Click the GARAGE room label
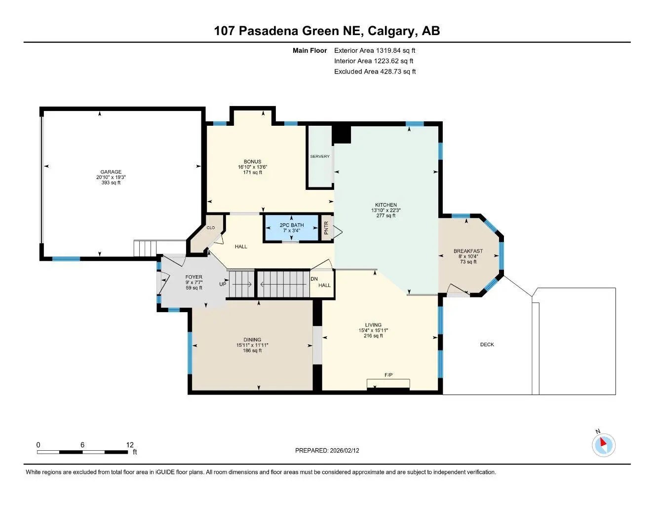pyautogui.click(x=109, y=172)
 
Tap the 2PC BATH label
pyautogui.click(x=292, y=225)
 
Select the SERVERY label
pyautogui.click(x=320, y=156)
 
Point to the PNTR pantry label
pyautogui.click(x=326, y=228)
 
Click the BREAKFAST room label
pyautogui.click(x=468, y=251)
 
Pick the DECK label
pyautogui.click(x=487, y=345)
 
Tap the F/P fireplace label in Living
pyautogui.click(x=388, y=375)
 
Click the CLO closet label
pyautogui.click(x=211, y=228)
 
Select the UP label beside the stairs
pyautogui.click(x=223, y=285)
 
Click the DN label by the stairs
pyautogui.click(x=314, y=279)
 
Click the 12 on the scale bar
pyautogui.click(x=130, y=445)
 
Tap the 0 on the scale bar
pyautogui.click(x=38, y=445)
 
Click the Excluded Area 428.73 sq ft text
pyautogui.click(x=375, y=72)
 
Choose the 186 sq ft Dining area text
pyautogui.click(x=252, y=351)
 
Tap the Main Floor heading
pyautogui.click(x=309, y=50)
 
